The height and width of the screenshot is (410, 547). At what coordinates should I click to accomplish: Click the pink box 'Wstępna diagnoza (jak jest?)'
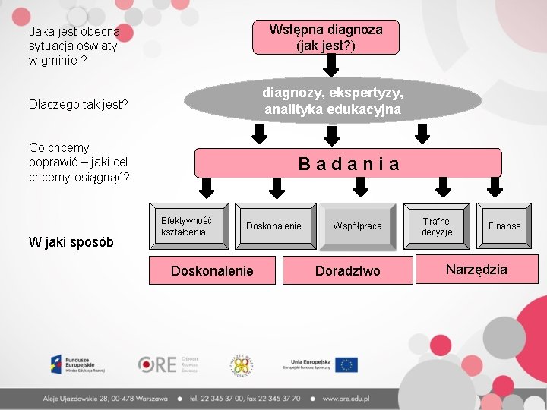(325, 37)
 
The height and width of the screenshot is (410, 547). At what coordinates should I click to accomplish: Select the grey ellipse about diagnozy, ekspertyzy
(333, 100)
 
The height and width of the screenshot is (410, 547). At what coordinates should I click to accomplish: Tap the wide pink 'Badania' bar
(348, 163)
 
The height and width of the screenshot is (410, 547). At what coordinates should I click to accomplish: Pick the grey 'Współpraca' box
(357, 226)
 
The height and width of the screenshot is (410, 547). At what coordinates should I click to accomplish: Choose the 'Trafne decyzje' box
(437, 226)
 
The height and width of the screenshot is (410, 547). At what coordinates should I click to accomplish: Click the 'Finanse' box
(504, 226)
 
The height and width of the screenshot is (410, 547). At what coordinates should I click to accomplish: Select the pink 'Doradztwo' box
(347, 271)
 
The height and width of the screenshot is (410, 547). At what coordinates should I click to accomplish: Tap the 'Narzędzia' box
(476, 270)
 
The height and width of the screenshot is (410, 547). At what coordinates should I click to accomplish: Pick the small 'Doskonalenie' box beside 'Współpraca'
(273, 226)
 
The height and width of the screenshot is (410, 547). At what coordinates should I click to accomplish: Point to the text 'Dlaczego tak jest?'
(78, 103)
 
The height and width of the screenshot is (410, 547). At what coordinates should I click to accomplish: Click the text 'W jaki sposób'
(71, 242)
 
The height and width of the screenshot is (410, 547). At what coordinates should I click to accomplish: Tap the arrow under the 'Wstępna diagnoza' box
(330, 67)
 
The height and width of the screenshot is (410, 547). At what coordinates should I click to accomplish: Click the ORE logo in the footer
(168, 364)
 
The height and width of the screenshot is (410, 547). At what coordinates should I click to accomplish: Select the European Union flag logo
(346, 364)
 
